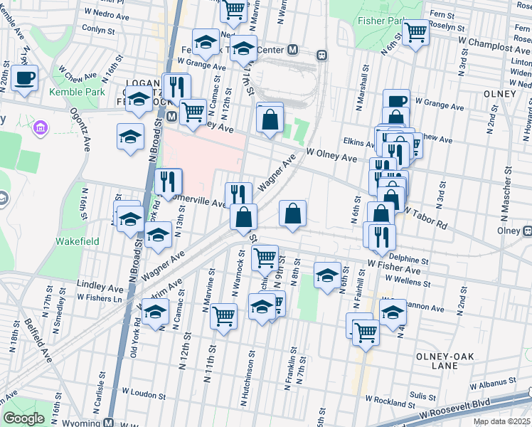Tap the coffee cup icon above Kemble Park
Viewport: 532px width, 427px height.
pyautogui.click(x=24, y=78)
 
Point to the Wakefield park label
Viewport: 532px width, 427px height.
pyautogui.click(x=78, y=241)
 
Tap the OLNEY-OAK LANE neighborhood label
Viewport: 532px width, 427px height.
pyautogui.click(x=445, y=361)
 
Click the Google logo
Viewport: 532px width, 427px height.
pyautogui.click(x=23, y=418)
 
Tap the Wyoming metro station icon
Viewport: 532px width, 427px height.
pyautogui.click(x=108, y=422)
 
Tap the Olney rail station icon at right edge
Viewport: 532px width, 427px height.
pyautogui.click(x=527, y=231)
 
